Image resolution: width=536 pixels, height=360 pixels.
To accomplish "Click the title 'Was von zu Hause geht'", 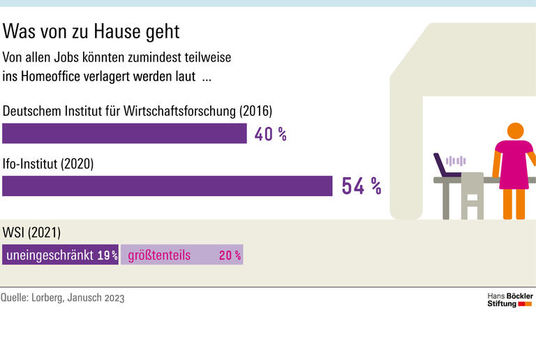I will pyautogui.click(x=91, y=31).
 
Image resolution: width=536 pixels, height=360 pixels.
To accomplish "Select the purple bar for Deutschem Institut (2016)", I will pyautogui.click(x=124, y=133).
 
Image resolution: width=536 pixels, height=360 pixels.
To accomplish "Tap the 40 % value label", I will pyautogui.click(x=270, y=134).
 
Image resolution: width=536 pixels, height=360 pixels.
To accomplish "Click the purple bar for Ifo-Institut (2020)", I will pyautogui.click(x=167, y=186).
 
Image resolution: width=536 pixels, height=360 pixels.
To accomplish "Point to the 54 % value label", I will pyautogui.click(x=361, y=186).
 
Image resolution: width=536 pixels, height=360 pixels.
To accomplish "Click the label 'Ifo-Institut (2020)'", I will pyautogui.click(x=48, y=165).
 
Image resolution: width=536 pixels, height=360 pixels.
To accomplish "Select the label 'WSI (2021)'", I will pyautogui.click(x=32, y=232).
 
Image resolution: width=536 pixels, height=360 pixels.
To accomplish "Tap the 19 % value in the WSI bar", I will pyautogui.click(x=107, y=256).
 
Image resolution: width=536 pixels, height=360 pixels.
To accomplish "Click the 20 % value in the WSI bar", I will pyautogui.click(x=230, y=256).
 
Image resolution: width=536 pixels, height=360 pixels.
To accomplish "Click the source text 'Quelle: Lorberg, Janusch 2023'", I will pyautogui.click(x=63, y=298).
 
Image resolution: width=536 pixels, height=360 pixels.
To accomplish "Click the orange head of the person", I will pyautogui.click(x=515, y=130).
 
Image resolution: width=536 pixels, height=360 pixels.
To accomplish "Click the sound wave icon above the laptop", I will pyautogui.click(x=456, y=160).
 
